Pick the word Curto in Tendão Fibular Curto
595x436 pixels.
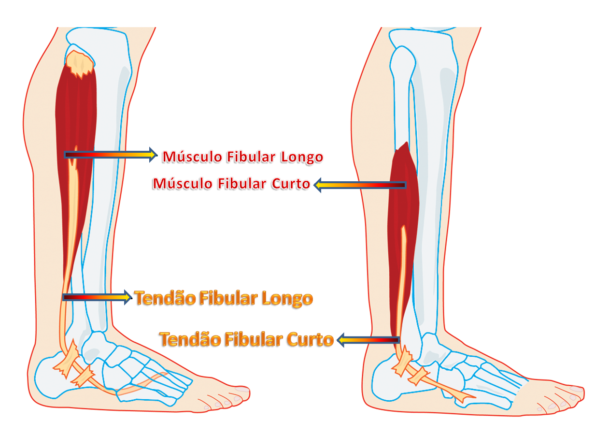click(x=310, y=339)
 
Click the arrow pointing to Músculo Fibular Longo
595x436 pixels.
click(x=111, y=155)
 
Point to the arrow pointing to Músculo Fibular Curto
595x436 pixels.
click(x=360, y=185)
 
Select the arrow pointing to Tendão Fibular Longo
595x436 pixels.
click(x=97, y=297)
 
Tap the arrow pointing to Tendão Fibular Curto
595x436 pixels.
click(x=368, y=341)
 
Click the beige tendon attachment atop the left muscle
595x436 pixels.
click(x=79, y=63)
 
